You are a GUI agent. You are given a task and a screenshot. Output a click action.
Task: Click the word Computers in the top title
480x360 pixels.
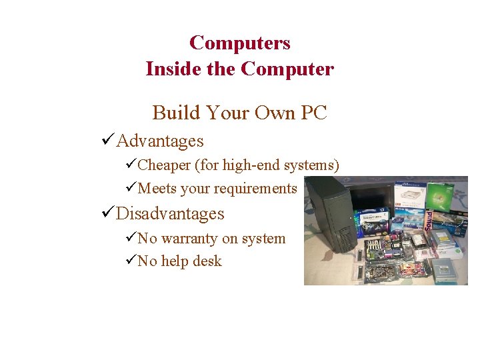pyautogui.click(x=239, y=43)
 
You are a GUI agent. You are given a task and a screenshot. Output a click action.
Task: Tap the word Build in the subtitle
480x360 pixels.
pyautogui.click(x=175, y=113)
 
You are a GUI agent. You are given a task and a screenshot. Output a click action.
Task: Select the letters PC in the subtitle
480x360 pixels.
pyautogui.click(x=313, y=113)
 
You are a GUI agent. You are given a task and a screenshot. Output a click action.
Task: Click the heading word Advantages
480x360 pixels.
pyautogui.click(x=160, y=141)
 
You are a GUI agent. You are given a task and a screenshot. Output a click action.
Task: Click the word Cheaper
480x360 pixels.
pyautogui.click(x=164, y=165)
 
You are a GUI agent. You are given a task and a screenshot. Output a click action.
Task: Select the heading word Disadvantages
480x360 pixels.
pyautogui.click(x=170, y=213)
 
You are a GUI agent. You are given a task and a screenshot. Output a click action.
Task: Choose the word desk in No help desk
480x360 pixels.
pyautogui.click(x=207, y=261)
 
